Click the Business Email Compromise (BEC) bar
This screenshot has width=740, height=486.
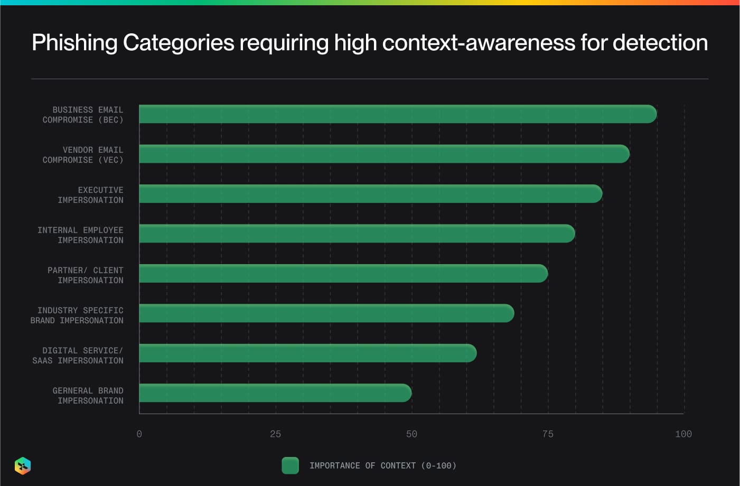[x=397, y=114]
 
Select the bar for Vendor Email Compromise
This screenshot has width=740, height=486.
[x=384, y=154]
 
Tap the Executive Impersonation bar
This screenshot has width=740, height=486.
[x=370, y=194]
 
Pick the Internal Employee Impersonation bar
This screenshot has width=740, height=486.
[x=357, y=233]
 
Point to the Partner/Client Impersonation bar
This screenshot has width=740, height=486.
[x=343, y=274]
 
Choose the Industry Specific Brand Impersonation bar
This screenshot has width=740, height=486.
[x=326, y=313]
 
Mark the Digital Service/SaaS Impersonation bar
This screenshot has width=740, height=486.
[x=307, y=353]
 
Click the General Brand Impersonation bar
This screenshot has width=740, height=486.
[x=275, y=393]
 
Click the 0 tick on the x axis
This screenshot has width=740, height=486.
[x=139, y=434]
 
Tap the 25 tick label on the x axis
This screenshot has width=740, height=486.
[x=275, y=434]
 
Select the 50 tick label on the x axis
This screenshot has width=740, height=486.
[x=411, y=434]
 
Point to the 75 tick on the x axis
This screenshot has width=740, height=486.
[x=548, y=434]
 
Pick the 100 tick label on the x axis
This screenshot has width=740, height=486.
[x=683, y=434]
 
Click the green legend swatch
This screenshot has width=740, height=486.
[x=290, y=465]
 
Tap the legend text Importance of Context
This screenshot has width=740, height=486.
[x=382, y=466]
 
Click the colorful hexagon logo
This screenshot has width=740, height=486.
[x=23, y=466]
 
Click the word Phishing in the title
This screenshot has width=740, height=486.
[x=74, y=43]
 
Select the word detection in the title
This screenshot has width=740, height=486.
[x=660, y=43]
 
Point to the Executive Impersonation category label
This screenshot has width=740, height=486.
[x=90, y=195]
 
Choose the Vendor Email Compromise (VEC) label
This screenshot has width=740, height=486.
[x=83, y=155]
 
